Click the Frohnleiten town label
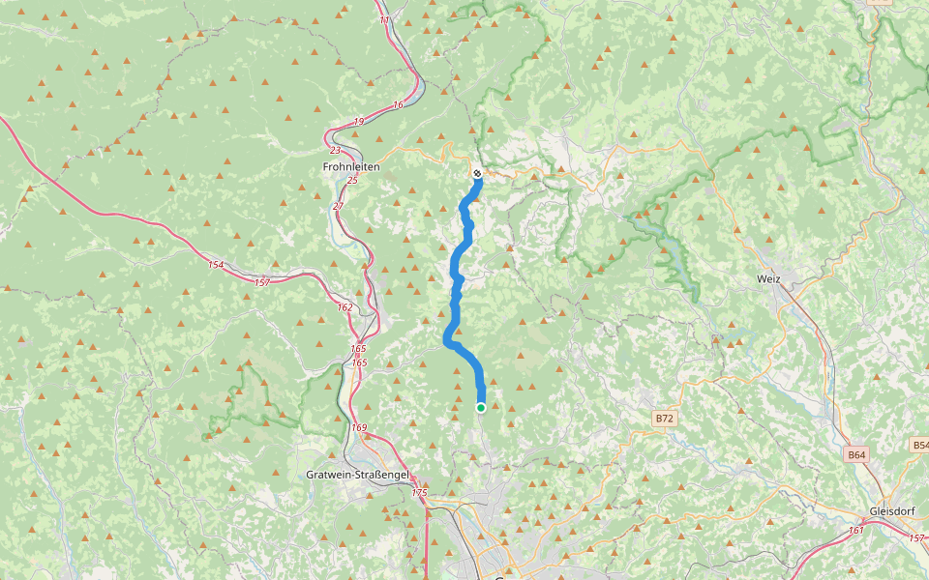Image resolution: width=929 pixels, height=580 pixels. (350, 167)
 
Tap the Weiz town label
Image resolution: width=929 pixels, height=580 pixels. (769, 278)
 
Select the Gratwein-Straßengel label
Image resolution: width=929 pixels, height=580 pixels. (357, 475)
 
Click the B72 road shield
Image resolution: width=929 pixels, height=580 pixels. (663, 419)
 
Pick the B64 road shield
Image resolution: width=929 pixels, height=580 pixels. (856, 454)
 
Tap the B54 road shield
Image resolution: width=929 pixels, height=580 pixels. (920, 445)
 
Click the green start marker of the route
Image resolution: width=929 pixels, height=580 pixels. (481, 408)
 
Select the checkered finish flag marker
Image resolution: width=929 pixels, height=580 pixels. (477, 173)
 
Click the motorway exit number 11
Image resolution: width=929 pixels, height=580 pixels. (384, 20)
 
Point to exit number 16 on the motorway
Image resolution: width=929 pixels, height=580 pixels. (398, 104)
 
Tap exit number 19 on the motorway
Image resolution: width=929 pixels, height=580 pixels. (358, 122)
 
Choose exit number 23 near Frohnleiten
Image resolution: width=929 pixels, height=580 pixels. (335, 151)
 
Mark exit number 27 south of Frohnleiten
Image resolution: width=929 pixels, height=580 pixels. (338, 206)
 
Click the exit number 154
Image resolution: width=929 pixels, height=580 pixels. (215, 264)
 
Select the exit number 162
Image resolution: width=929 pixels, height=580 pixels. (345, 306)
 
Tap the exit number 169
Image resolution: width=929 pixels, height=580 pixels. (360, 427)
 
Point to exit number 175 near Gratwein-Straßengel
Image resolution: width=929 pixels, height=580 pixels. (418, 493)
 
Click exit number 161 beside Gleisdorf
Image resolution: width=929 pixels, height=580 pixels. (855, 530)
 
